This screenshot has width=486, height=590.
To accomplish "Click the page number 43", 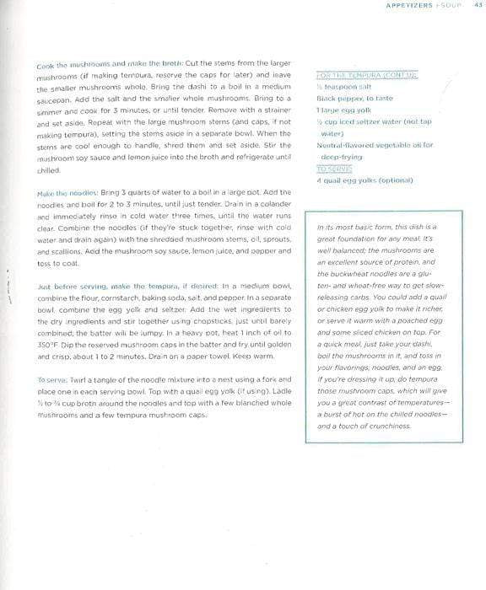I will [x=478, y=6].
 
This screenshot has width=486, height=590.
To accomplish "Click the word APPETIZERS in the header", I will [x=408, y=6].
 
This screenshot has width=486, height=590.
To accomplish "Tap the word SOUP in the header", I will [x=451, y=6].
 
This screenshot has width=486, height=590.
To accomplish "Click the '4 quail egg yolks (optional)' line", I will [x=364, y=180].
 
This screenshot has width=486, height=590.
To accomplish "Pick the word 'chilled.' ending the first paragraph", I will [x=48, y=169].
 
